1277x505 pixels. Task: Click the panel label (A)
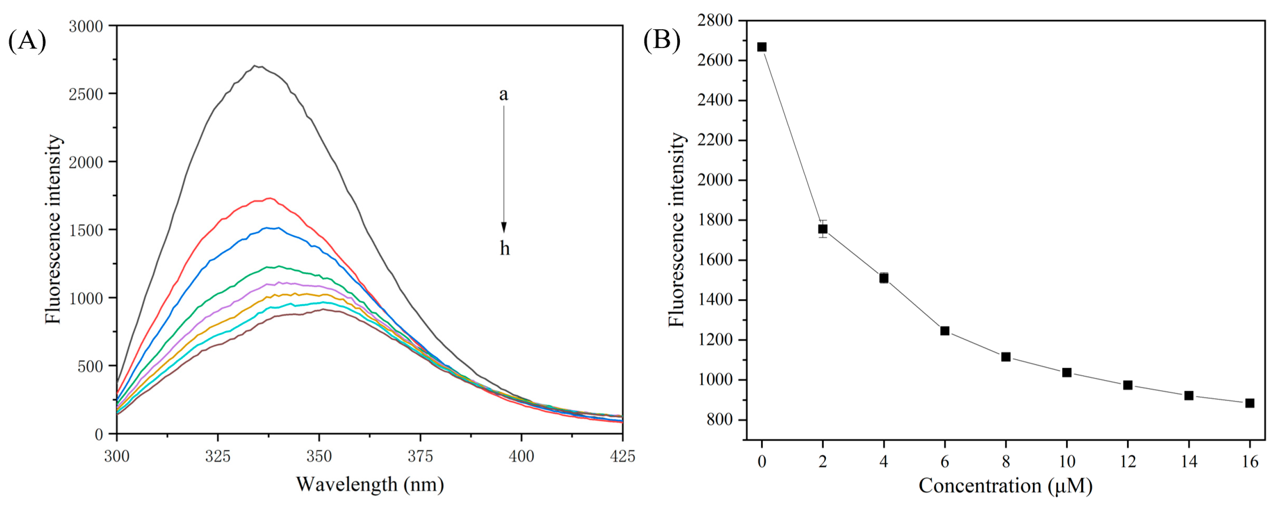[x=27, y=40]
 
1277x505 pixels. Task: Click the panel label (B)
[x=662, y=40]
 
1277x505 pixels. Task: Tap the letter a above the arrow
[x=503, y=94]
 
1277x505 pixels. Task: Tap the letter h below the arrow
[x=504, y=248]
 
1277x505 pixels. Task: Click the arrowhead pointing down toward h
[x=503, y=228]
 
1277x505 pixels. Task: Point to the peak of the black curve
[x=255, y=66]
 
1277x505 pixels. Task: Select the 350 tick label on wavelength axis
[x=319, y=456]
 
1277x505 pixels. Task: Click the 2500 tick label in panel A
[x=86, y=94]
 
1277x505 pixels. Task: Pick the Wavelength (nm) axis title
[x=370, y=485]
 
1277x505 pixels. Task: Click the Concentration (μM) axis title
[x=1005, y=486]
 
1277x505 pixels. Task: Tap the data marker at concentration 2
[x=823, y=229]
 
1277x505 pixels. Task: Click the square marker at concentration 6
[x=945, y=331]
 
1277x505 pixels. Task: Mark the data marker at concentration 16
[x=1250, y=403]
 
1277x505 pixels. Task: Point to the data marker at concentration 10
[x=1067, y=372]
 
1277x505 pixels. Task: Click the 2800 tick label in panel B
[x=714, y=20]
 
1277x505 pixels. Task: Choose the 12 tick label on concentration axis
[x=1128, y=462]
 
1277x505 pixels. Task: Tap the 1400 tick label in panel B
[x=714, y=300]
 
